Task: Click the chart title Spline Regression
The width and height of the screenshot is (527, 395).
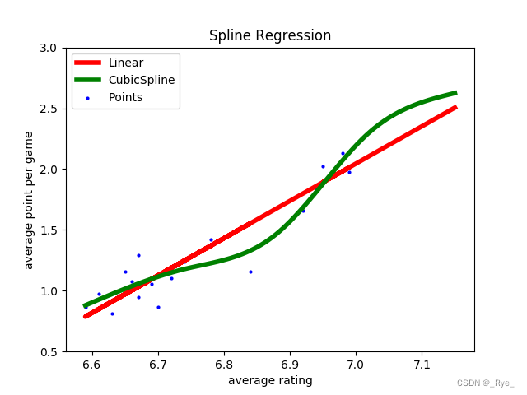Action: click(270, 36)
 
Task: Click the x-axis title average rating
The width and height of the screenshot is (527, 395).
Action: click(270, 380)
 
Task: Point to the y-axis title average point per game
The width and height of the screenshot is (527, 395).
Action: click(29, 200)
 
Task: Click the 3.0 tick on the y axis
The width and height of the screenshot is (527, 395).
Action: click(49, 48)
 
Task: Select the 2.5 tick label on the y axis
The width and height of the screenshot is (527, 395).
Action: click(49, 109)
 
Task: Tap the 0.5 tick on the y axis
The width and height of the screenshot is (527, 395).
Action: click(49, 351)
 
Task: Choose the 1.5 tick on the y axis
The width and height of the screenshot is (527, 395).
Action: click(49, 230)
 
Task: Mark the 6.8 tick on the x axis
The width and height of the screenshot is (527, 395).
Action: click(224, 365)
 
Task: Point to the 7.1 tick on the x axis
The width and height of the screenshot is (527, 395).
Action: click(422, 365)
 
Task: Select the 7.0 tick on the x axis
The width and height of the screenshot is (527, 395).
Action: click(356, 365)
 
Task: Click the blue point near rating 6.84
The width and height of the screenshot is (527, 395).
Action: click(250, 272)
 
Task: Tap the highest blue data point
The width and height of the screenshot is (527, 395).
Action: click(343, 153)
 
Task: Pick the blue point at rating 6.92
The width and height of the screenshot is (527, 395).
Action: click(303, 211)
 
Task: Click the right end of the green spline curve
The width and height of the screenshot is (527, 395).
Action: click(455, 93)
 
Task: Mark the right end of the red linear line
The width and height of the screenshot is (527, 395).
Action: click(455, 107)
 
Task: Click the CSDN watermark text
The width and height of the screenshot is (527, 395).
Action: click(485, 383)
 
